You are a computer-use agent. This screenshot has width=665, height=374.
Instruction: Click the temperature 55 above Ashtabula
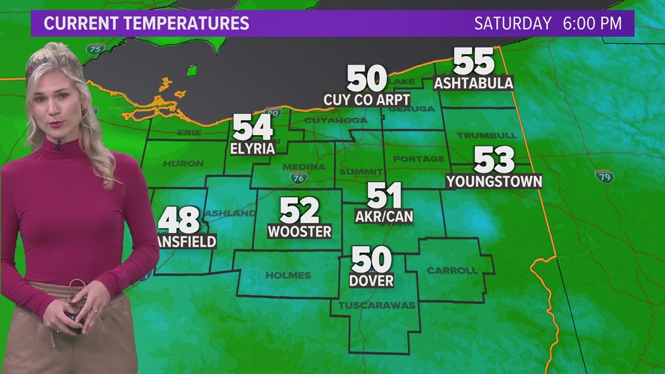pos(474,61)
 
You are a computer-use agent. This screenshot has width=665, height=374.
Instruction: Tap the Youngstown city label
pos(494,181)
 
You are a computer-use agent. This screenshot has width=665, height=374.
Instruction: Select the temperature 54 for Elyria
pos(253,127)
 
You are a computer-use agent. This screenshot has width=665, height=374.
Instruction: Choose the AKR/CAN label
pos(384,216)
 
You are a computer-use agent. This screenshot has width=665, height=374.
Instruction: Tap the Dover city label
pos(371,281)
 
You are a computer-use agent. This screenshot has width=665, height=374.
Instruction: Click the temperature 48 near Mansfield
pos(179,220)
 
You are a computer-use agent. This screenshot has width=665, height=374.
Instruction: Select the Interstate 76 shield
pos(298,177)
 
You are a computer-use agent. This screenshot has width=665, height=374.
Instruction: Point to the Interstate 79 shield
pos(604,176)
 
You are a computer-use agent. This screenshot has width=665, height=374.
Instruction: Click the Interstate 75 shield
pos(95,48)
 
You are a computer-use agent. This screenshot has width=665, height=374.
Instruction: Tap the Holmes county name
pos(288,275)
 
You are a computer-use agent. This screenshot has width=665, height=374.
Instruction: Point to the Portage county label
pos(419,159)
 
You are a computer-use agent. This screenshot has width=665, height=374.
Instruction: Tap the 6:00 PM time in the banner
pos(593,23)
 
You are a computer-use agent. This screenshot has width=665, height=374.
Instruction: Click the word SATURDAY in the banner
pos(513,23)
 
